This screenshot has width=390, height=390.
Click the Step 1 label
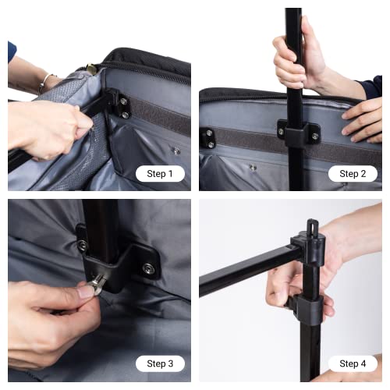tap(160, 173)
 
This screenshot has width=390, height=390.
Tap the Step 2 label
tap(353, 173)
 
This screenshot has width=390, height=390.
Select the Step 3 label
tap(160, 363)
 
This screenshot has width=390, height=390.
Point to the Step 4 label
tap(353, 363)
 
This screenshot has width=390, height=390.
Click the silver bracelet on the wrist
tap(47, 81)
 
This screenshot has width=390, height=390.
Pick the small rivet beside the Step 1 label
tap(176, 151)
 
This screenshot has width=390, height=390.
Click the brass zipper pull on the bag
tap(92, 69)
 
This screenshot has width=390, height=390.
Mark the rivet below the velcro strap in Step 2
tap(252, 167)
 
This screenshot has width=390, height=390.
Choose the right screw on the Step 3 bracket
tap(147, 269)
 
